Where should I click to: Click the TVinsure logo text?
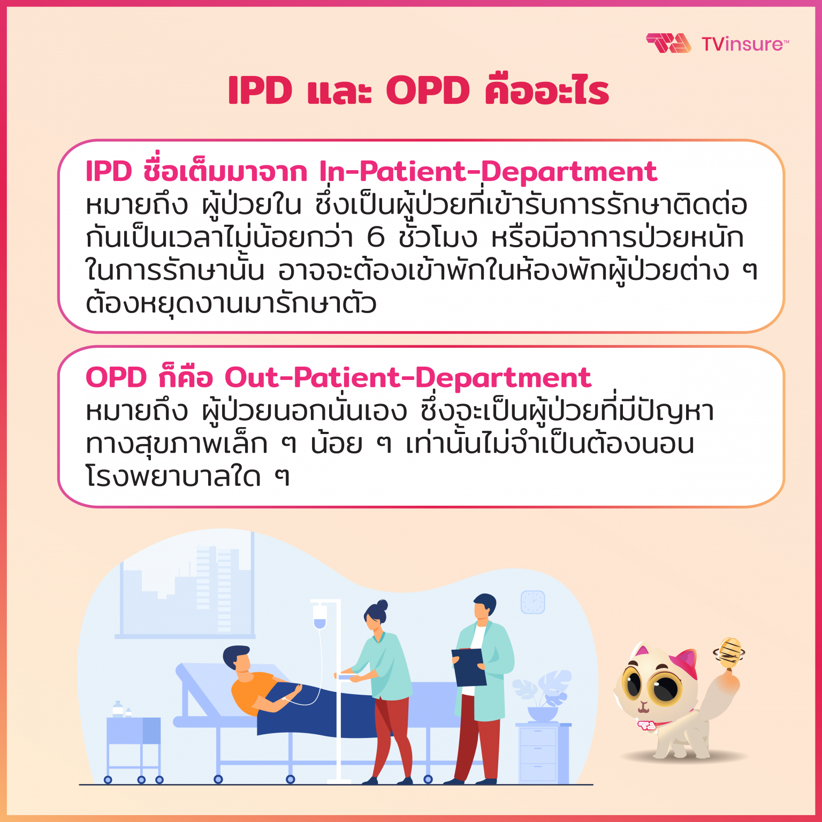coord(744,44)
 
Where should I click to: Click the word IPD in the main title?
coord(260,90)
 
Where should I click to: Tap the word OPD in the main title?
coord(428,90)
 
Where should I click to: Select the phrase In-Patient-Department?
coord(488,172)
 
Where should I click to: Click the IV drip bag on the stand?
coord(319,616)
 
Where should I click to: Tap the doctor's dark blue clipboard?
coord(469,667)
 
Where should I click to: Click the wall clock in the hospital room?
coord(532,602)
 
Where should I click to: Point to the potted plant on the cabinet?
coord(542,696)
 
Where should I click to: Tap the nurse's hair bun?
coord(382,605)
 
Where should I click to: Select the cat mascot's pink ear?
coord(686,664)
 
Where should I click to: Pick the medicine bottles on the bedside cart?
coord(120,710)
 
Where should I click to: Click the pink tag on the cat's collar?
coord(647,726)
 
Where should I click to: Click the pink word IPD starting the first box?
coord(109,172)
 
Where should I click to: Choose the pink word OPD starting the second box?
coord(116,378)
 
